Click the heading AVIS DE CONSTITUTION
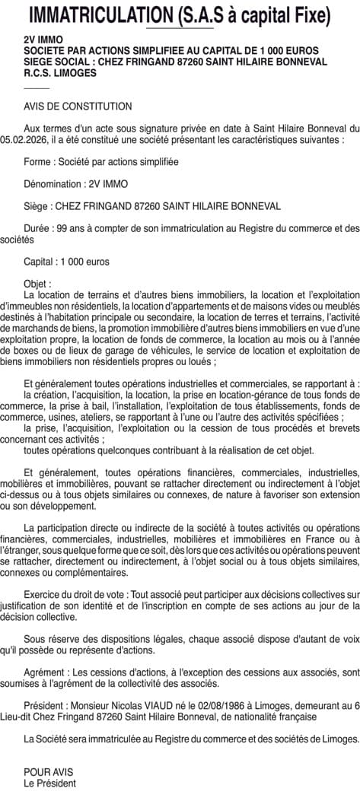78,106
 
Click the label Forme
38,162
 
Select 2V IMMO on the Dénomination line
109,183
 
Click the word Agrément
45,672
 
